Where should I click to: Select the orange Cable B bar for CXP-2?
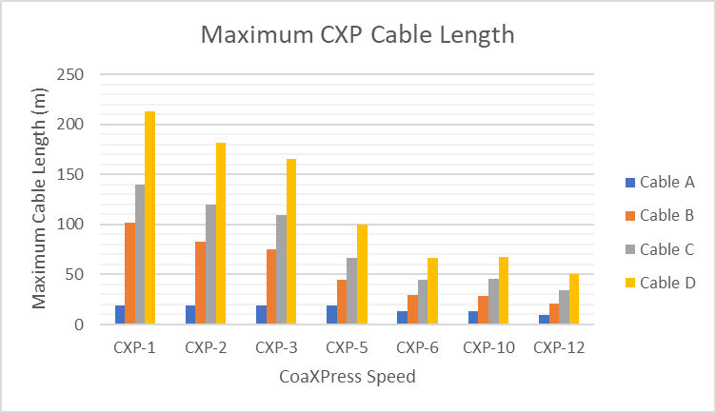[x=200, y=284]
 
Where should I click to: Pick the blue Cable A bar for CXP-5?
[x=330, y=315]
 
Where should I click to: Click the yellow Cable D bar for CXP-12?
[x=574, y=300]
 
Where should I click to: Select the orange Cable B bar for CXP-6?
[x=412, y=310]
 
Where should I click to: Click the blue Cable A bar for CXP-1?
[x=119, y=315]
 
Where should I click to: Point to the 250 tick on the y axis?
[x=71, y=74]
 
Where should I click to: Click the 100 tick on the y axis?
[x=71, y=225]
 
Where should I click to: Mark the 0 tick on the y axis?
[x=80, y=324]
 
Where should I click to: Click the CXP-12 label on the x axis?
[x=559, y=347]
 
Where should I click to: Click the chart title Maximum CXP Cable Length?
[x=357, y=35]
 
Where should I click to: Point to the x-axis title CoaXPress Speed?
[x=348, y=377]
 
